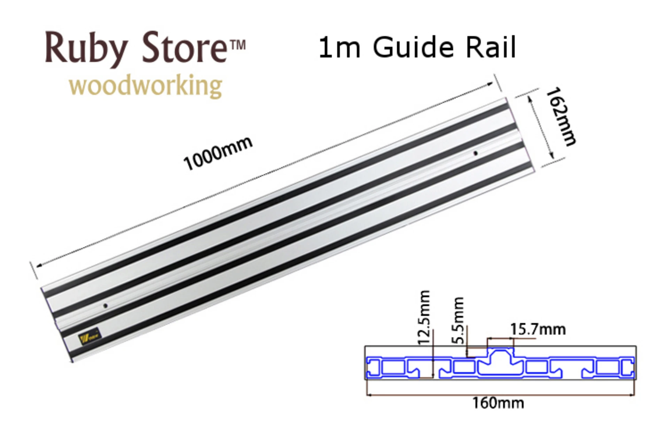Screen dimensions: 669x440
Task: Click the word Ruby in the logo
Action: (x=85, y=49)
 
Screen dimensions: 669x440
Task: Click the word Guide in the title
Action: (x=413, y=47)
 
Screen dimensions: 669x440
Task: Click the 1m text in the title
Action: (x=339, y=48)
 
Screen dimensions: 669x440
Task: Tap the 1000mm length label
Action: (x=218, y=153)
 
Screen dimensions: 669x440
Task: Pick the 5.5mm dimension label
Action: (x=458, y=320)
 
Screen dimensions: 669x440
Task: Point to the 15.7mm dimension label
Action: (x=538, y=329)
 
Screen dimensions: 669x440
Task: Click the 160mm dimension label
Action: (x=498, y=403)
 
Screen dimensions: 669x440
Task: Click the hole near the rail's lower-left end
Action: (x=105, y=306)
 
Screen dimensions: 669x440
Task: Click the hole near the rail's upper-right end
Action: (x=475, y=153)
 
